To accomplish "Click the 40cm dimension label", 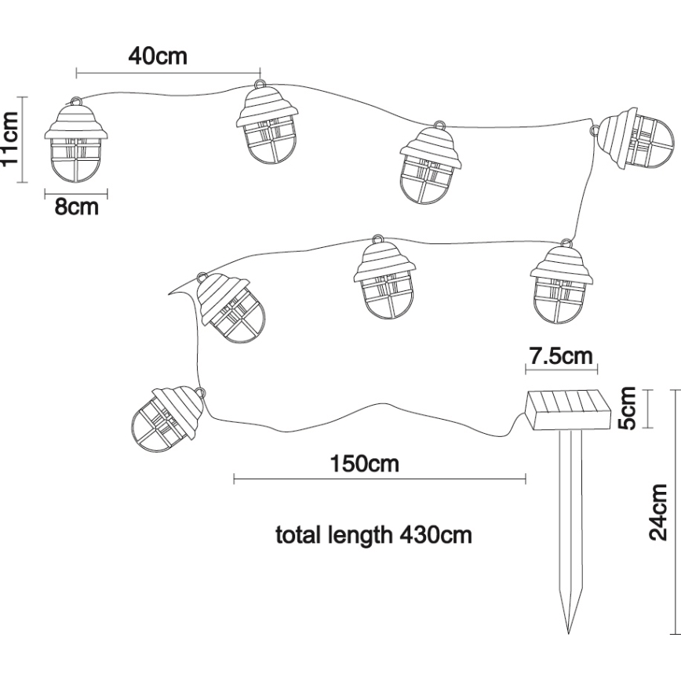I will [x=158, y=56].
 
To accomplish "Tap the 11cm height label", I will [x=10, y=140].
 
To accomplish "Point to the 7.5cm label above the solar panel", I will [x=560, y=356].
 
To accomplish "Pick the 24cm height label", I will [x=658, y=512].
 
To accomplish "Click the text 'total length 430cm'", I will [x=373, y=536].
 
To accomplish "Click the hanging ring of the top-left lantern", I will [x=76, y=102].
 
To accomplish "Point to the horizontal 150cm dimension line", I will [x=380, y=477].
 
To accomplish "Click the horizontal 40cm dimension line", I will [x=168, y=73].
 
